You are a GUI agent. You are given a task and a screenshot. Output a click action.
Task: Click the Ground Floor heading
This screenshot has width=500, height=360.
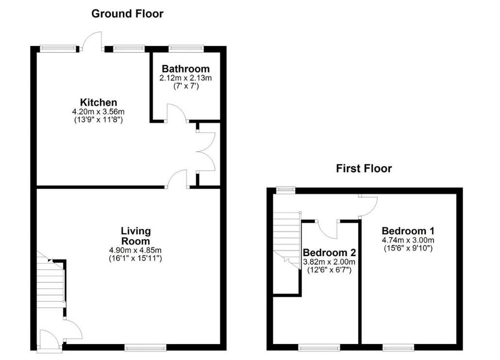coord(127,14)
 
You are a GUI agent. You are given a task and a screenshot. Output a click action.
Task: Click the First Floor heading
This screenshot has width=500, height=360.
coord(364,168)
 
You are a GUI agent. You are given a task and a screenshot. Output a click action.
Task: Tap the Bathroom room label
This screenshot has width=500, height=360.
coord(185,68)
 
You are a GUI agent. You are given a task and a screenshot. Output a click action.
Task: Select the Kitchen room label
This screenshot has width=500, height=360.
coord(99,102)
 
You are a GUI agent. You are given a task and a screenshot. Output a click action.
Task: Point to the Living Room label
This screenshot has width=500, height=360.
coord(135,236)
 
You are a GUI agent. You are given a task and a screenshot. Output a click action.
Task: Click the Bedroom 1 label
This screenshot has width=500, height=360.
coord(408,230)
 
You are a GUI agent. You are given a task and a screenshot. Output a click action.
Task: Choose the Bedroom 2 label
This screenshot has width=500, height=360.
coord(329,253)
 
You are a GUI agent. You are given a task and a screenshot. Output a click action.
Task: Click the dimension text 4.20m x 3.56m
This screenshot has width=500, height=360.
coord(98,112)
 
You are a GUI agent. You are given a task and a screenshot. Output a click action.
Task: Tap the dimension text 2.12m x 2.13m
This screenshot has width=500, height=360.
coord(185,78)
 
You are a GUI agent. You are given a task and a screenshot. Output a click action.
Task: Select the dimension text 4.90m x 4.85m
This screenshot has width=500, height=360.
coord(135,250)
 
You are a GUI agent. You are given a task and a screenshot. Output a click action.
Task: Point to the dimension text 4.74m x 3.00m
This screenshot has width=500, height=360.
coord(408,240)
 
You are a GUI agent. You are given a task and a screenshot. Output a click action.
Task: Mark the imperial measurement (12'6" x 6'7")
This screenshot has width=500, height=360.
coord(329,270)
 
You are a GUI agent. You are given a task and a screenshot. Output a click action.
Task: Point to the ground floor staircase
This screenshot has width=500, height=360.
coord(51,280)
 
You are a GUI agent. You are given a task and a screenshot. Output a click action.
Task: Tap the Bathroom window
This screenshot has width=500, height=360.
coord(186,49)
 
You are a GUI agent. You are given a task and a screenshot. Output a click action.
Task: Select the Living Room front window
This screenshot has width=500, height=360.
coord(146,347)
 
